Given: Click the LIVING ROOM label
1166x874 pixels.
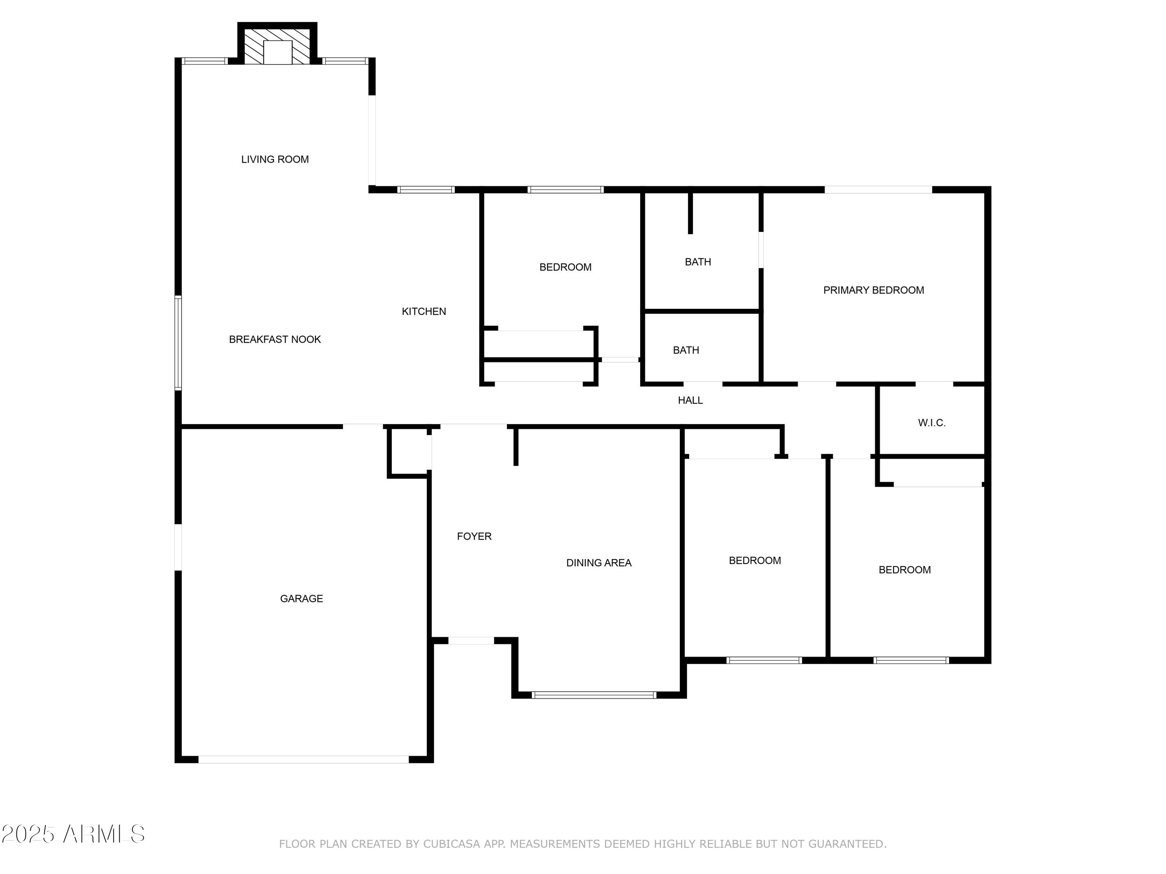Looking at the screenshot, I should point(275,159).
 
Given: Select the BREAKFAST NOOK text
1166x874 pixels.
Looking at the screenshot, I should point(275,339).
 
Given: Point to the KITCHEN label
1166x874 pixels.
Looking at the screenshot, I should point(424,312).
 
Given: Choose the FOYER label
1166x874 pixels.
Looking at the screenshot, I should point(474,536).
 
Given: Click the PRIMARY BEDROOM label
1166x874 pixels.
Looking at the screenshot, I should point(873,290).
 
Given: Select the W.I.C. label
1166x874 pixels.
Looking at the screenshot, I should point(931,423).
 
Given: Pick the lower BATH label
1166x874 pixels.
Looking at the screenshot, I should point(686,350).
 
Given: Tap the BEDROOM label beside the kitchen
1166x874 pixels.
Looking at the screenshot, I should point(565,267).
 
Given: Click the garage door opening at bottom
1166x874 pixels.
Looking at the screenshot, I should point(303,759).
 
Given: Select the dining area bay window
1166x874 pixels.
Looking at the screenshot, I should point(594,695).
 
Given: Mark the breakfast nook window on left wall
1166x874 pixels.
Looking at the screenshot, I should point(178,343).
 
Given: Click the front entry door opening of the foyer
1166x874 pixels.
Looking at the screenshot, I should point(471,641).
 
